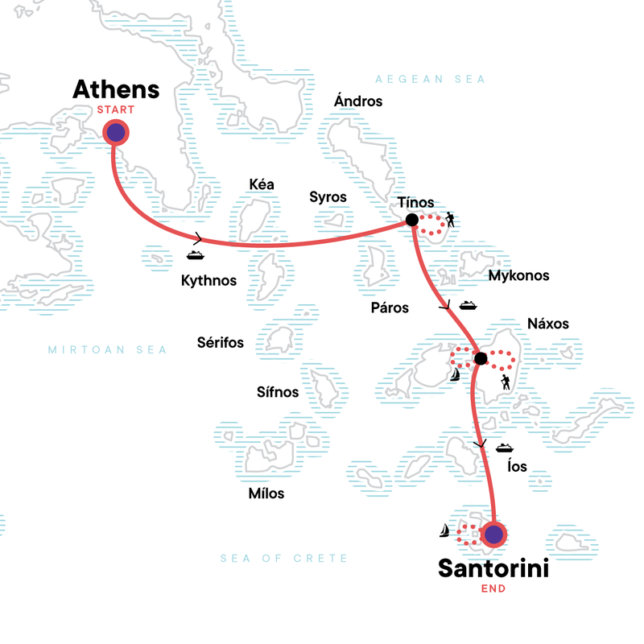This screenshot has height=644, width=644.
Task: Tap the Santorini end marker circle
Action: point(493,534)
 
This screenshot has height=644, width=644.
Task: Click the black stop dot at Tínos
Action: point(411,220)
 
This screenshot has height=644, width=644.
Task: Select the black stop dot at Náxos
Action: point(480,358)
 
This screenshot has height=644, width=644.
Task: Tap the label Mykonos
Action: point(518,275)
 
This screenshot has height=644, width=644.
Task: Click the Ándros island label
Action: point(358,101)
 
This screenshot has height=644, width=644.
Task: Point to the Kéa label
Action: point(262,184)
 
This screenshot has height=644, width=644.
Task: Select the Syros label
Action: point(328,197)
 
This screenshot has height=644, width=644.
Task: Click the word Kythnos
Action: point(208,280)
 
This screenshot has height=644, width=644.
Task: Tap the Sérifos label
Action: point(221,343)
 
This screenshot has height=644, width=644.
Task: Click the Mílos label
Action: point(266,493)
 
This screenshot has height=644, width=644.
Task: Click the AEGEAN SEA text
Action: point(431,79)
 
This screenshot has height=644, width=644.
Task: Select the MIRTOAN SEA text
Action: point(107,349)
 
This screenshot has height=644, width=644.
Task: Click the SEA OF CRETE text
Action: point(285,558)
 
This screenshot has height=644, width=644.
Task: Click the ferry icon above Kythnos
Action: point(195,256)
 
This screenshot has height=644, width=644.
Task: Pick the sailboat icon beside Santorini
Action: point(444,530)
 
